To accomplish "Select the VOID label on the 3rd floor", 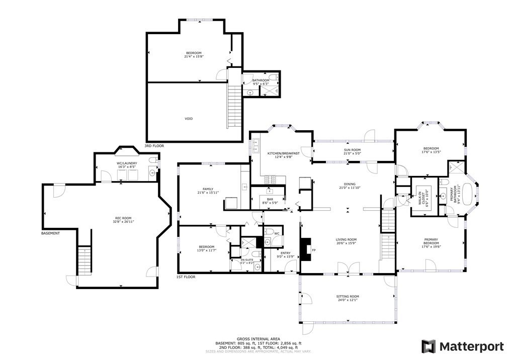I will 189,119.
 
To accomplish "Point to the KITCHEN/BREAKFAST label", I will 283,153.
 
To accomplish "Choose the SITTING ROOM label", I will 347,297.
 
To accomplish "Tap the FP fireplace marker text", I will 314,250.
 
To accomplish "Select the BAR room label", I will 270,200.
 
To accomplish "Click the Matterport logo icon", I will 428,346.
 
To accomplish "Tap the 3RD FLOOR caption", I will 154,146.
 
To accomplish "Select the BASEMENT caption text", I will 51,233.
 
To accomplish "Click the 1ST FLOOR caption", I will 186,277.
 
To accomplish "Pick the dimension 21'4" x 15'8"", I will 194,57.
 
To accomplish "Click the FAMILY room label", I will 208,189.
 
